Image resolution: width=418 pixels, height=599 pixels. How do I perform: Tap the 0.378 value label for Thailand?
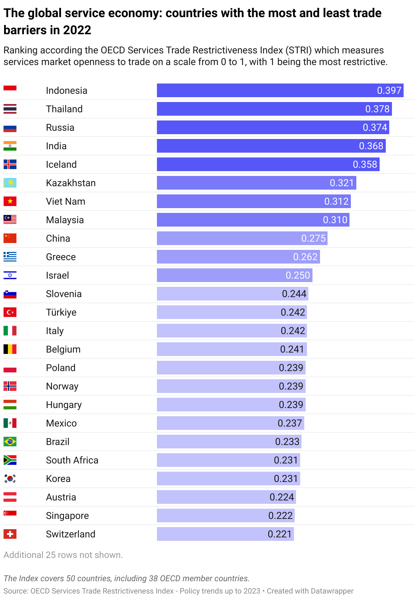pos(377,109)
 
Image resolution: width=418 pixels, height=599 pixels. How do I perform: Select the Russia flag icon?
pos(10,128)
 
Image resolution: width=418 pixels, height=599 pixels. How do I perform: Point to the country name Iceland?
pos(61,164)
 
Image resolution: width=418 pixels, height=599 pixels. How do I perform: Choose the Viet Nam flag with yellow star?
pos(10,201)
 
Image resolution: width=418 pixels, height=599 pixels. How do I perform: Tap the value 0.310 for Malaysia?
pos(335,220)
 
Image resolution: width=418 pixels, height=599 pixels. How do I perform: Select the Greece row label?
pos(61,257)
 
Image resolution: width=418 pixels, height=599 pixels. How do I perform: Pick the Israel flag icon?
pos(10,275)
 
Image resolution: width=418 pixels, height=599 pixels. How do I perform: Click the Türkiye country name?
pos(61,312)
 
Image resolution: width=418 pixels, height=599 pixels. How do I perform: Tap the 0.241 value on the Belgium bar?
pos(292,349)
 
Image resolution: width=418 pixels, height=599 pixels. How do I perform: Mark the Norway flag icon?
pos(10,386)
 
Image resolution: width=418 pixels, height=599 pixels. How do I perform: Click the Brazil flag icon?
pos(10,442)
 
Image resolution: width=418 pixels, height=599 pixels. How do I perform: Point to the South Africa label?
pos(72,460)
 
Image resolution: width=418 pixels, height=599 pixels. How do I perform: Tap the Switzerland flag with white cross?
pos(10,534)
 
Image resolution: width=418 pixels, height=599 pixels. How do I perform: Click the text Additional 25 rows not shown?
pos(63,555)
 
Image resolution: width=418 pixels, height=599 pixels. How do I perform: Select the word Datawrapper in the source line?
pos(332,591)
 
